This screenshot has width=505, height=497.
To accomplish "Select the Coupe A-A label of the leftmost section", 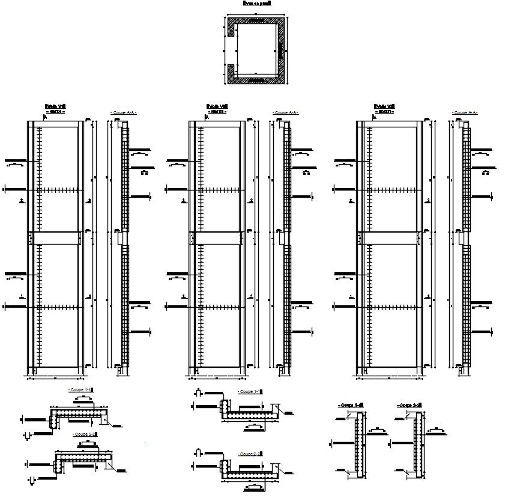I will (x=124, y=112).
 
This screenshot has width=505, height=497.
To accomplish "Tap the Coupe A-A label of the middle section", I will (x=285, y=112).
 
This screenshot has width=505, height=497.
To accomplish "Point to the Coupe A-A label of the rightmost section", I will (x=464, y=112).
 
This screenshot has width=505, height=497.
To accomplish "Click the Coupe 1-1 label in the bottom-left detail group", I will (x=81, y=390).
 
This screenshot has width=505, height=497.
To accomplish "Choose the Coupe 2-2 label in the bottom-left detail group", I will (x=84, y=433).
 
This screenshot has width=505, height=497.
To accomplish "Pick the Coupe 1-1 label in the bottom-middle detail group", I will (x=249, y=392).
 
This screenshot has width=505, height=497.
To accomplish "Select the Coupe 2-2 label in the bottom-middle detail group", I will (x=249, y=454).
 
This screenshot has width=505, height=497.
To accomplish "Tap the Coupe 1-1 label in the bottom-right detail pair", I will (x=351, y=406).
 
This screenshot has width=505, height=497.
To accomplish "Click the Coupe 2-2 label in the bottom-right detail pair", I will (x=410, y=406).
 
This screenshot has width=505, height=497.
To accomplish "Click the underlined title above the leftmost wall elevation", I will (x=55, y=107).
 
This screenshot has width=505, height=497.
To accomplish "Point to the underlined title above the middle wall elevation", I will (x=217, y=107).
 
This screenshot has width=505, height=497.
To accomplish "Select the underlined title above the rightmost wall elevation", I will (x=384, y=107).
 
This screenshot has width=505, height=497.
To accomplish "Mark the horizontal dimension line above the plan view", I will (x=255, y=13).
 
